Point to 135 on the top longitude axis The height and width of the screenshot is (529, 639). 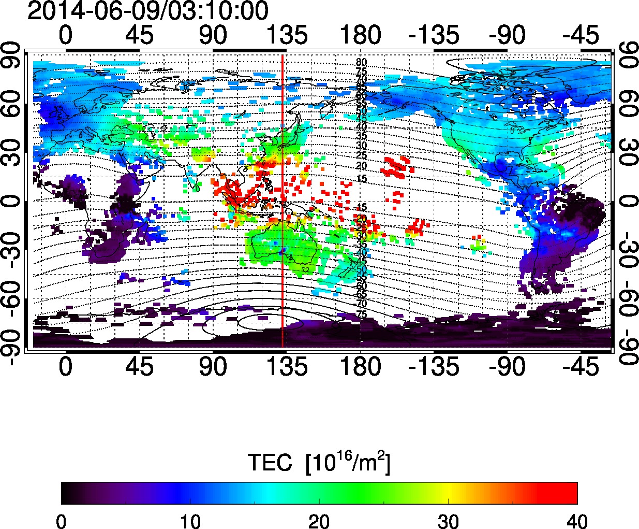[287, 36]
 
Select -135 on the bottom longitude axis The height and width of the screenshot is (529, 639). [434, 367]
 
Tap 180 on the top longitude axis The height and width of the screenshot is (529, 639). [360, 36]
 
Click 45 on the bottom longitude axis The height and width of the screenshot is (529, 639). [140, 367]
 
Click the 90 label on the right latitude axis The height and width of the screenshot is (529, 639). [627, 56]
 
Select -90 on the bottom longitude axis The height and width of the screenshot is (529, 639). [507, 367]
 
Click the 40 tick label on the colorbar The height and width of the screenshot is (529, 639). [576, 521]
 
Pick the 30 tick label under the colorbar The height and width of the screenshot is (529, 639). [448, 521]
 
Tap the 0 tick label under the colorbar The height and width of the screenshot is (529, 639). [62, 521]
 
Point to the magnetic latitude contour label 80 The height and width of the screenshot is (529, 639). [361, 62]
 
